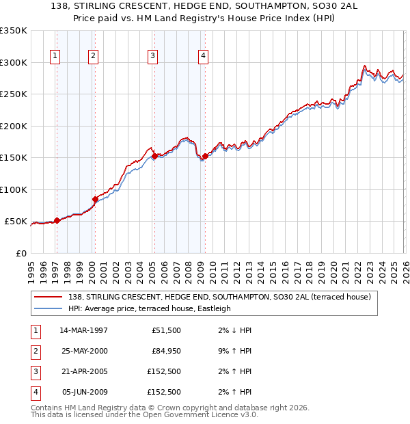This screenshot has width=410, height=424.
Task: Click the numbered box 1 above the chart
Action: click(55, 56)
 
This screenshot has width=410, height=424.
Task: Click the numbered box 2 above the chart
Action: click(93, 56)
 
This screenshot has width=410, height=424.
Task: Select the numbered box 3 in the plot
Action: click(152, 56)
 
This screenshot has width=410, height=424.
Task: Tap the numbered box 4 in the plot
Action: click(203, 56)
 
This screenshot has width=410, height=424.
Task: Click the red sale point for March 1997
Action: click(57, 220)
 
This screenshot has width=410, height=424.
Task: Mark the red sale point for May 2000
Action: click(95, 199)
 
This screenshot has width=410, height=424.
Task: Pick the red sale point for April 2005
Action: click(154, 156)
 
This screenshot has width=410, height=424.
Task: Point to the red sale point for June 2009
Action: click(205, 156)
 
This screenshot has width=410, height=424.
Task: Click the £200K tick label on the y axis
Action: click(14, 126)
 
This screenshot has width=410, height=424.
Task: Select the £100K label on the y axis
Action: click(14, 189)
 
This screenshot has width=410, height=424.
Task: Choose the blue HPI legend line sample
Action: click(49, 308)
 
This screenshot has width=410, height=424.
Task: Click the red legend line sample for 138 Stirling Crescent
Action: click(49, 297)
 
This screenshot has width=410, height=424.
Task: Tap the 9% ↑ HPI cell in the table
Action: click(235, 351)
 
